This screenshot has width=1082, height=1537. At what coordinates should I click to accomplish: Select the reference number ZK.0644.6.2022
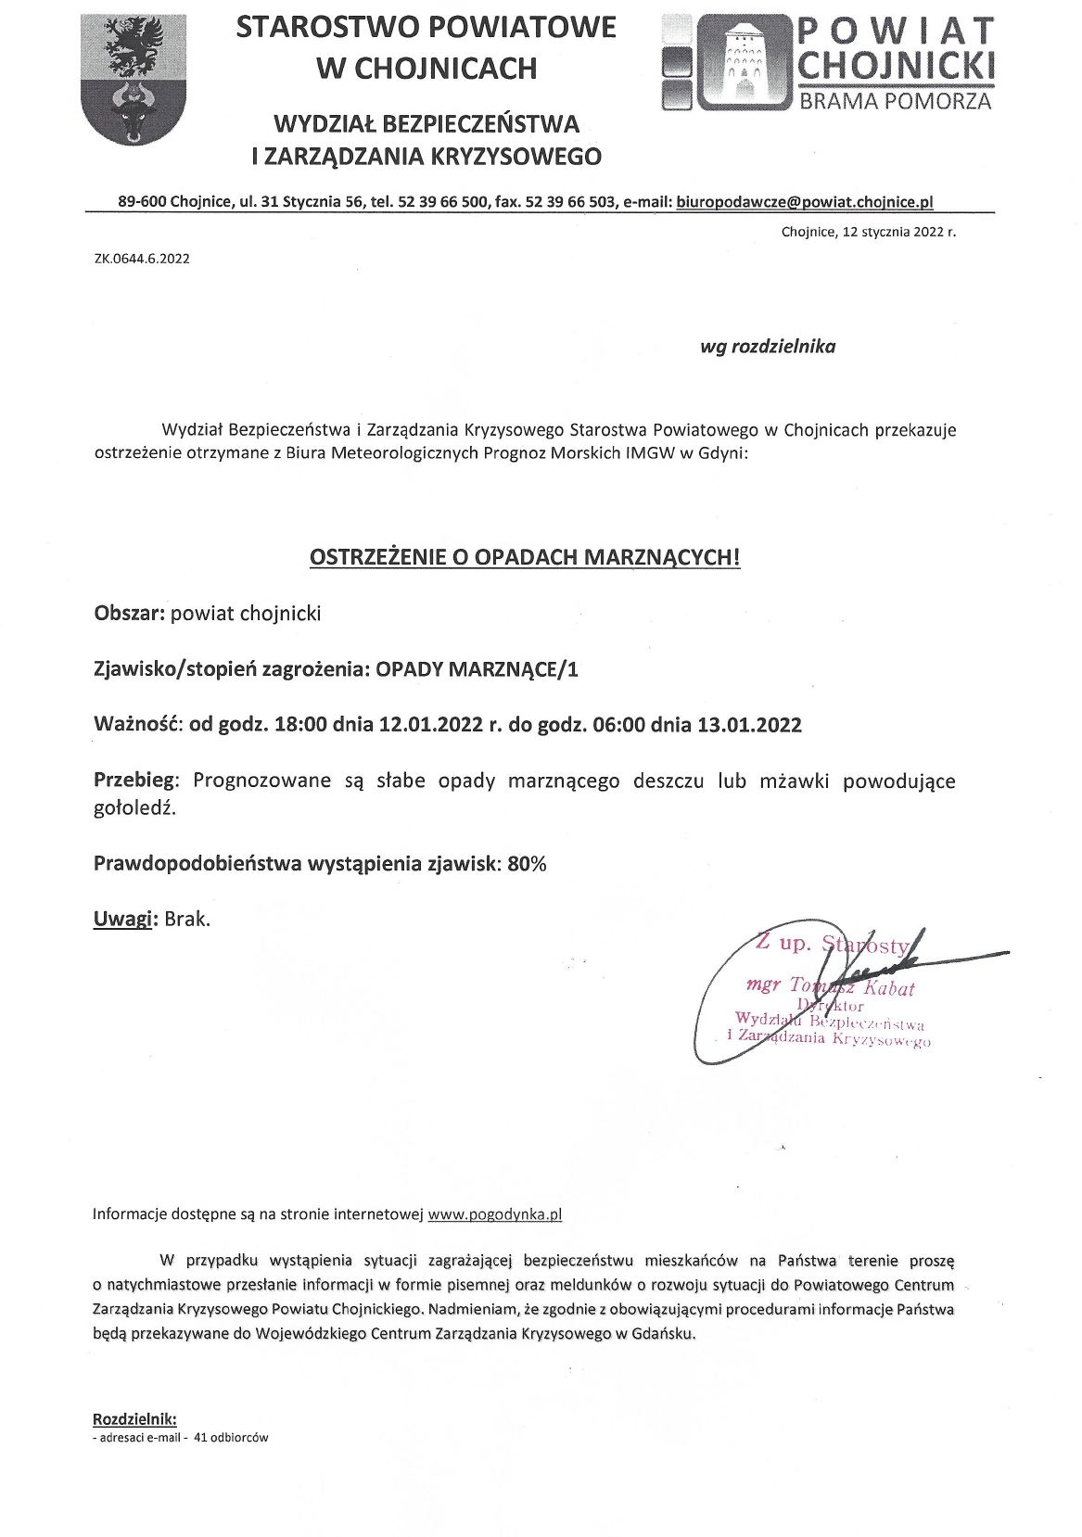(x=142, y=259)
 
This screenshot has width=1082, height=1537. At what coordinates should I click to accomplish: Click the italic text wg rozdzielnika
(x=768, y=347)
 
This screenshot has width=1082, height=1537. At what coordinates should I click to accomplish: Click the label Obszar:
(x=130, y=614)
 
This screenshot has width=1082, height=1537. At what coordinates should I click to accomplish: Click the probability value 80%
(x=527, y=864)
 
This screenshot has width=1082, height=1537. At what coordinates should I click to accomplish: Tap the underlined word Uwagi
(x=123, y=920)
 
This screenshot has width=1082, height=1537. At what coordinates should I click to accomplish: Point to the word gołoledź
(x=134, y=808)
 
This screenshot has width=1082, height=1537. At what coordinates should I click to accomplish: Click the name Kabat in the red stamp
(x=889, y=988)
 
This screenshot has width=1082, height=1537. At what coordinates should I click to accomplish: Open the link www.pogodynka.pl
(x=495, y=1213)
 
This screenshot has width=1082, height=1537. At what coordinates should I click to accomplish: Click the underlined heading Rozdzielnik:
(x=134, y=1419)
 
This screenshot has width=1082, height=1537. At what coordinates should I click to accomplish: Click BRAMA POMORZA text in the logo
(x=896, y=100)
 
